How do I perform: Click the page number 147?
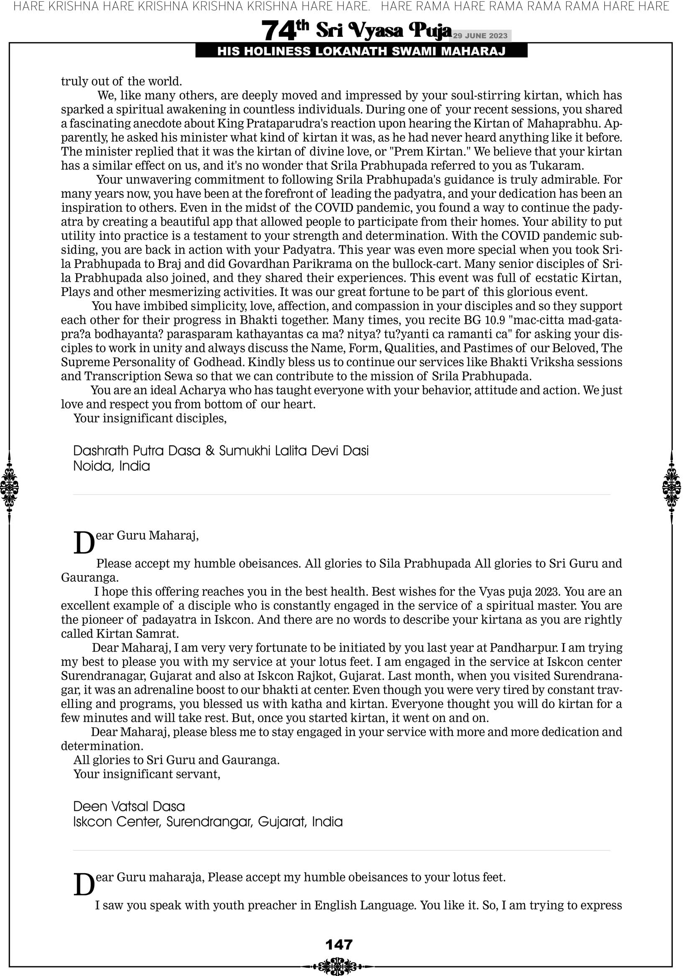coord(339,944)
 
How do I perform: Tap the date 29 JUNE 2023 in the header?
coord(480,36)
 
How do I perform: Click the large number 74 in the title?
coord(278,31)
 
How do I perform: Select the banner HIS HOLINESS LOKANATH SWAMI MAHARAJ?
coord(361,51)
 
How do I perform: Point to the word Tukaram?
coord(557,166)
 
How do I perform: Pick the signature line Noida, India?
coord(112,466)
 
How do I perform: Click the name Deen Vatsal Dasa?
coord(129,806)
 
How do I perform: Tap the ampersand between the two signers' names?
coord(210,451)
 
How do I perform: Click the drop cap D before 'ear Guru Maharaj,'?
coord(84,543)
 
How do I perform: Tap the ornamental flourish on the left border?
coord(9,487)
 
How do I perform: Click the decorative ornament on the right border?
coord(672,487)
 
